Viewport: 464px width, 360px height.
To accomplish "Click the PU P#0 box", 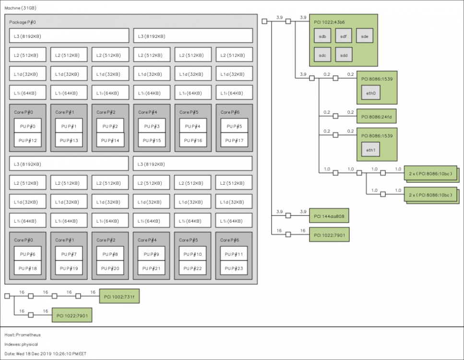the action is point(27,126).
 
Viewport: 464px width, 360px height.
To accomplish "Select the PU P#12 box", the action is point(27,140).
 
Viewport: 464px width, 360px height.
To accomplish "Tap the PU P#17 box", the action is point(234,140).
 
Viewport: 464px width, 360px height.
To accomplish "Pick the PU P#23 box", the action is point(234,268).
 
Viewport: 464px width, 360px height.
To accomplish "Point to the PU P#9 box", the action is point(151,254).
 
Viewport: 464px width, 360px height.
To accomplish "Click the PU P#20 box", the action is point(110,268).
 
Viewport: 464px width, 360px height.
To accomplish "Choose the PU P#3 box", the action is point(152,126).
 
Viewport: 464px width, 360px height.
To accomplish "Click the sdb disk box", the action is point(322,36).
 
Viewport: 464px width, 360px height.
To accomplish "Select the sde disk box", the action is point(365,36).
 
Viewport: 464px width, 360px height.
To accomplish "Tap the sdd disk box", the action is point(344,55).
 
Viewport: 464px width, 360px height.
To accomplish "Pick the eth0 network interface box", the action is point(371,93).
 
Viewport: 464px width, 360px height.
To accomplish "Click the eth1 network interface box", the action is point(371,149).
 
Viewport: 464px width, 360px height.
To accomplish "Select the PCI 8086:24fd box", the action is point(376,116).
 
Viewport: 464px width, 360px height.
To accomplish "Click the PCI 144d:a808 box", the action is point(329,216).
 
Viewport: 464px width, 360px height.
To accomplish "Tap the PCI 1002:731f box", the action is point(119,296).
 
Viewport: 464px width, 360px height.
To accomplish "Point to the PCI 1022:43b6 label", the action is point(329,22).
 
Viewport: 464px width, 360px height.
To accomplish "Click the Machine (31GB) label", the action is point(21,8).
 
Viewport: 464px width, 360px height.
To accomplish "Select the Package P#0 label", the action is point(23,22).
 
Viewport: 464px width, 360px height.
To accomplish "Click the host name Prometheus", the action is point(28,335).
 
